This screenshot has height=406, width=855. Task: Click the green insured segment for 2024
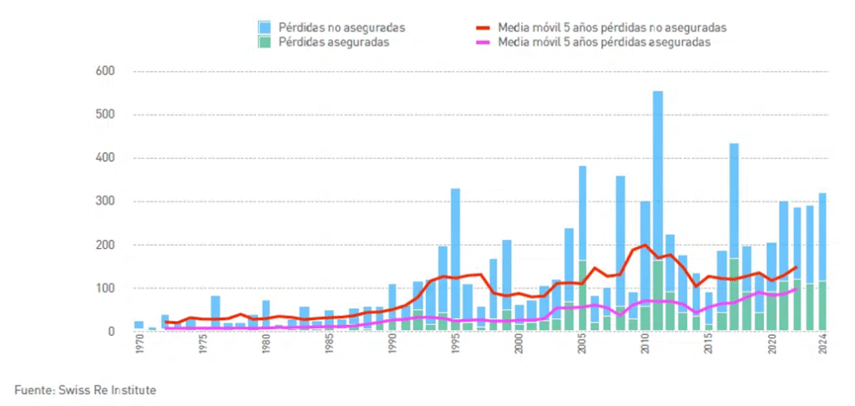click(x=822, y=306)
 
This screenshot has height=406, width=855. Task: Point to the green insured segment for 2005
click(x=582, y=297)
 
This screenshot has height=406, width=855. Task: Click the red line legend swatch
click(x=483, y=28)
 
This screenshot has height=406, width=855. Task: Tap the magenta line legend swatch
click(x=483, y=42)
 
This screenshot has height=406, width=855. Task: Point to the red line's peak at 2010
click(x=645, y=246)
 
